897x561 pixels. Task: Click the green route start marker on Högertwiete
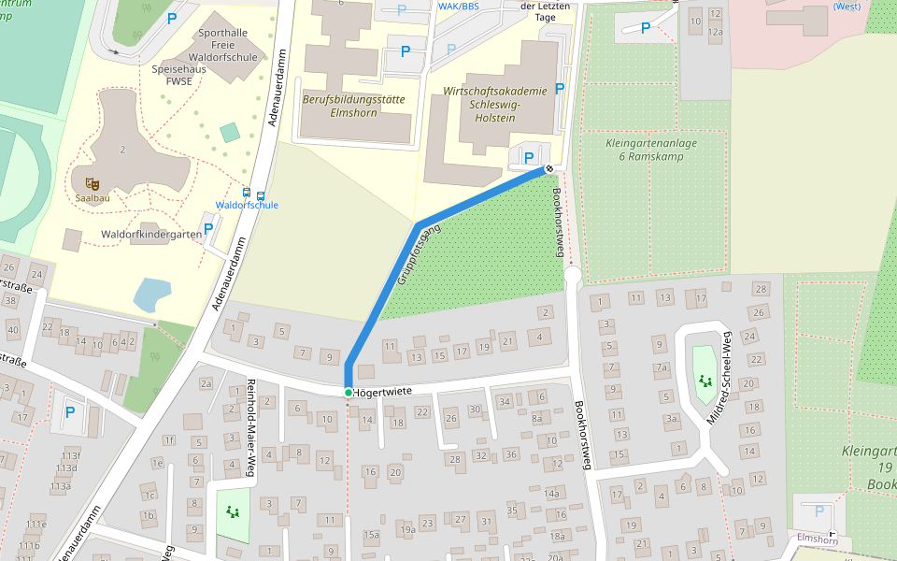pos(348,392)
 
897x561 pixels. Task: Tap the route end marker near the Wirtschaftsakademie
pos(549,169)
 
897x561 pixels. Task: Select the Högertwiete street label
pos(383,392)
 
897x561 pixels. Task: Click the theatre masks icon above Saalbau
pos(92,184)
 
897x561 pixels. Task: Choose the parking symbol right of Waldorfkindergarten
pos(208,228)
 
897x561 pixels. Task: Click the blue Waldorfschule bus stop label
pos(247,206)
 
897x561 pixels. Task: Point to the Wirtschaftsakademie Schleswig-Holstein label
pos(494,105)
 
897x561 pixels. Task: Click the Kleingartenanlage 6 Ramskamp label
pos(645,151)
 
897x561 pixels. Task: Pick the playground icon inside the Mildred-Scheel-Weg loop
pos(703,381)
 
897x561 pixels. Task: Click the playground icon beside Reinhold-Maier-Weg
pos(232,511)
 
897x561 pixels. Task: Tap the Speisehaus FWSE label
pos(178,75)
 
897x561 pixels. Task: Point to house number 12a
pos(715,32)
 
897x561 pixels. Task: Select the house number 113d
pos(65,468)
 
